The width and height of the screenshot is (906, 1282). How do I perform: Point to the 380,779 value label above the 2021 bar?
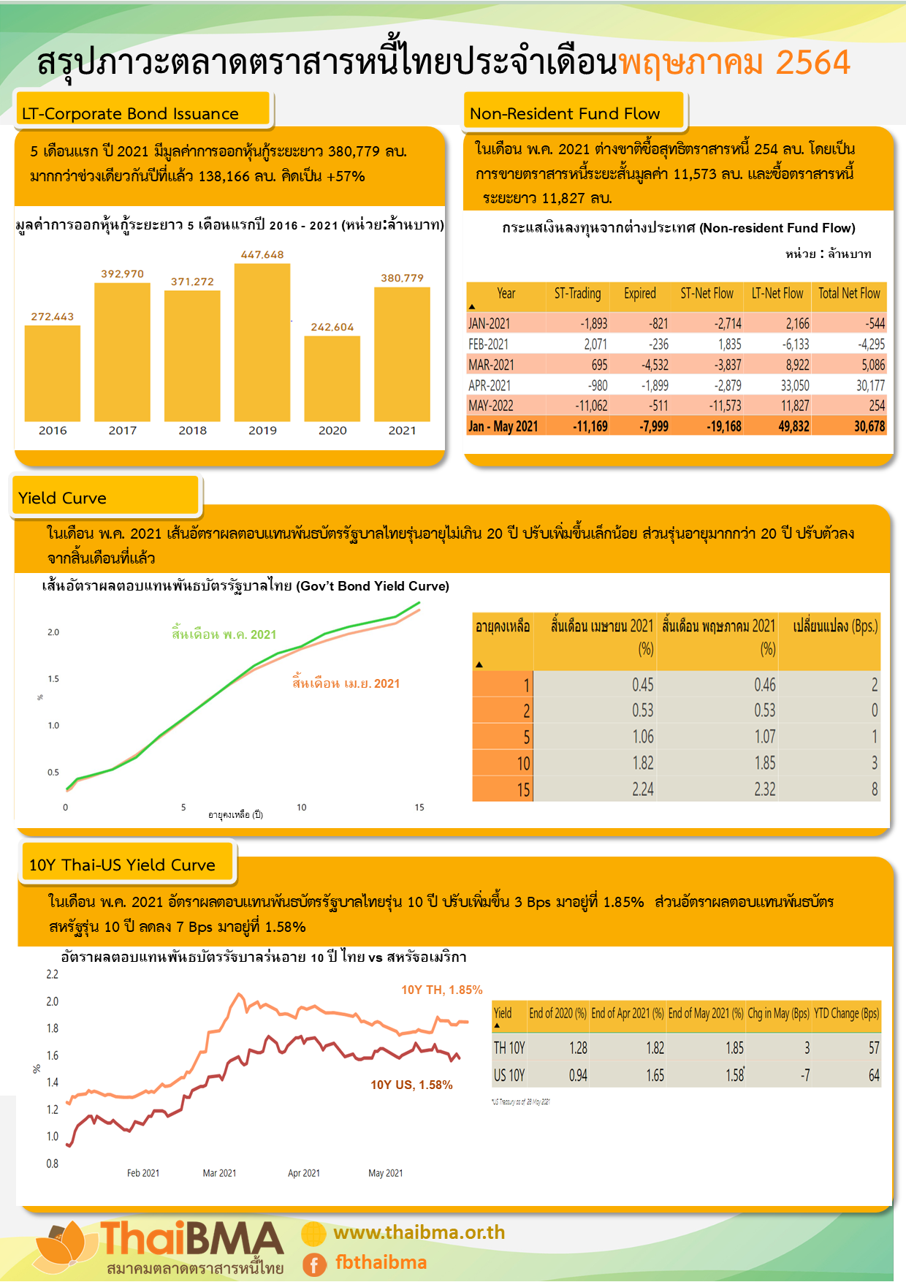point(402,278)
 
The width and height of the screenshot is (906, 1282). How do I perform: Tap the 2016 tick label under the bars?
point(53,431)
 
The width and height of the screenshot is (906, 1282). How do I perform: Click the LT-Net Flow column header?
point(777,294)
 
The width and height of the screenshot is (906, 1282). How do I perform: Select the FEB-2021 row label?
point(489,344)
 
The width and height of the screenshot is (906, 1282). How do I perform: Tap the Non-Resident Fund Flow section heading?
point(565,113)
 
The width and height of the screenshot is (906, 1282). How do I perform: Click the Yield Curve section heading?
point(63,498)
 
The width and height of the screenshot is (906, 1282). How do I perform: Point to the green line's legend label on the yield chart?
point(224,634)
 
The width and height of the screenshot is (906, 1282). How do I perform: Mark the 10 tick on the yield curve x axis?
point(302,808)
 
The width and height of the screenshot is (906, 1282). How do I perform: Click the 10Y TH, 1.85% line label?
point(442,990)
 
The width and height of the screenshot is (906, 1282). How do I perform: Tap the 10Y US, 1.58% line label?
point(411,1085)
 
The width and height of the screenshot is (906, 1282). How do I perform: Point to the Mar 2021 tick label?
point(219,1173)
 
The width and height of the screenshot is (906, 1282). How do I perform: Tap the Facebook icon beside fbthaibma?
point(314,1264)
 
